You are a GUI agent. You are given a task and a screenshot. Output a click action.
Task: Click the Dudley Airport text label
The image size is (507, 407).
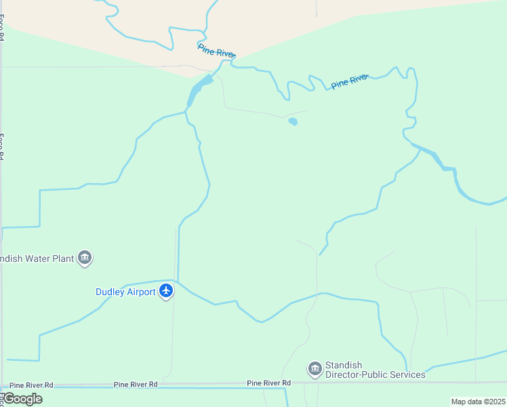pos(125,292)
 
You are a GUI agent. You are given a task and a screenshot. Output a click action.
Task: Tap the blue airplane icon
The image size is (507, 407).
pos(166,292)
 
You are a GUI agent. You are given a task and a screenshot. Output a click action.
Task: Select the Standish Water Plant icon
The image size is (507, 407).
pos(85,258)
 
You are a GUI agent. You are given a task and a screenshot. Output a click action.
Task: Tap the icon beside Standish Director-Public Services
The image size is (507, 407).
pos(315,369)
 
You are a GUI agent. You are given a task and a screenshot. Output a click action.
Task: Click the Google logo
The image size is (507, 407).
pos(22,399)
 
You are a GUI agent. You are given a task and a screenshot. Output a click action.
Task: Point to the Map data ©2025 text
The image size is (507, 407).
pos(479,402)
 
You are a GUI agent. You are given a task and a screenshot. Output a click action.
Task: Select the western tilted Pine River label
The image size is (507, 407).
pos(216,51)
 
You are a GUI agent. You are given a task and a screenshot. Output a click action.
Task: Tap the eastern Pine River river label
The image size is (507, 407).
pos(349,81)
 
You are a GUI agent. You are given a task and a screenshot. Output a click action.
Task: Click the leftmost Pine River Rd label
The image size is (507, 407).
pos(31,385)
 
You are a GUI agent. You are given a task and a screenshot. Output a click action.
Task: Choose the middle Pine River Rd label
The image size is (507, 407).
pos(136,384)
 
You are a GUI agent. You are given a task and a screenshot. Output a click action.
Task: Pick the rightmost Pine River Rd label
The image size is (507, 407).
pos(268,383)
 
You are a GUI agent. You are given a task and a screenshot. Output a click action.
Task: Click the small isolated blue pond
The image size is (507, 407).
pos(293,121)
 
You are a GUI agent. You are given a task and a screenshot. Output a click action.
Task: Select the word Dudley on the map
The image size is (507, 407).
pos(109,292)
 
